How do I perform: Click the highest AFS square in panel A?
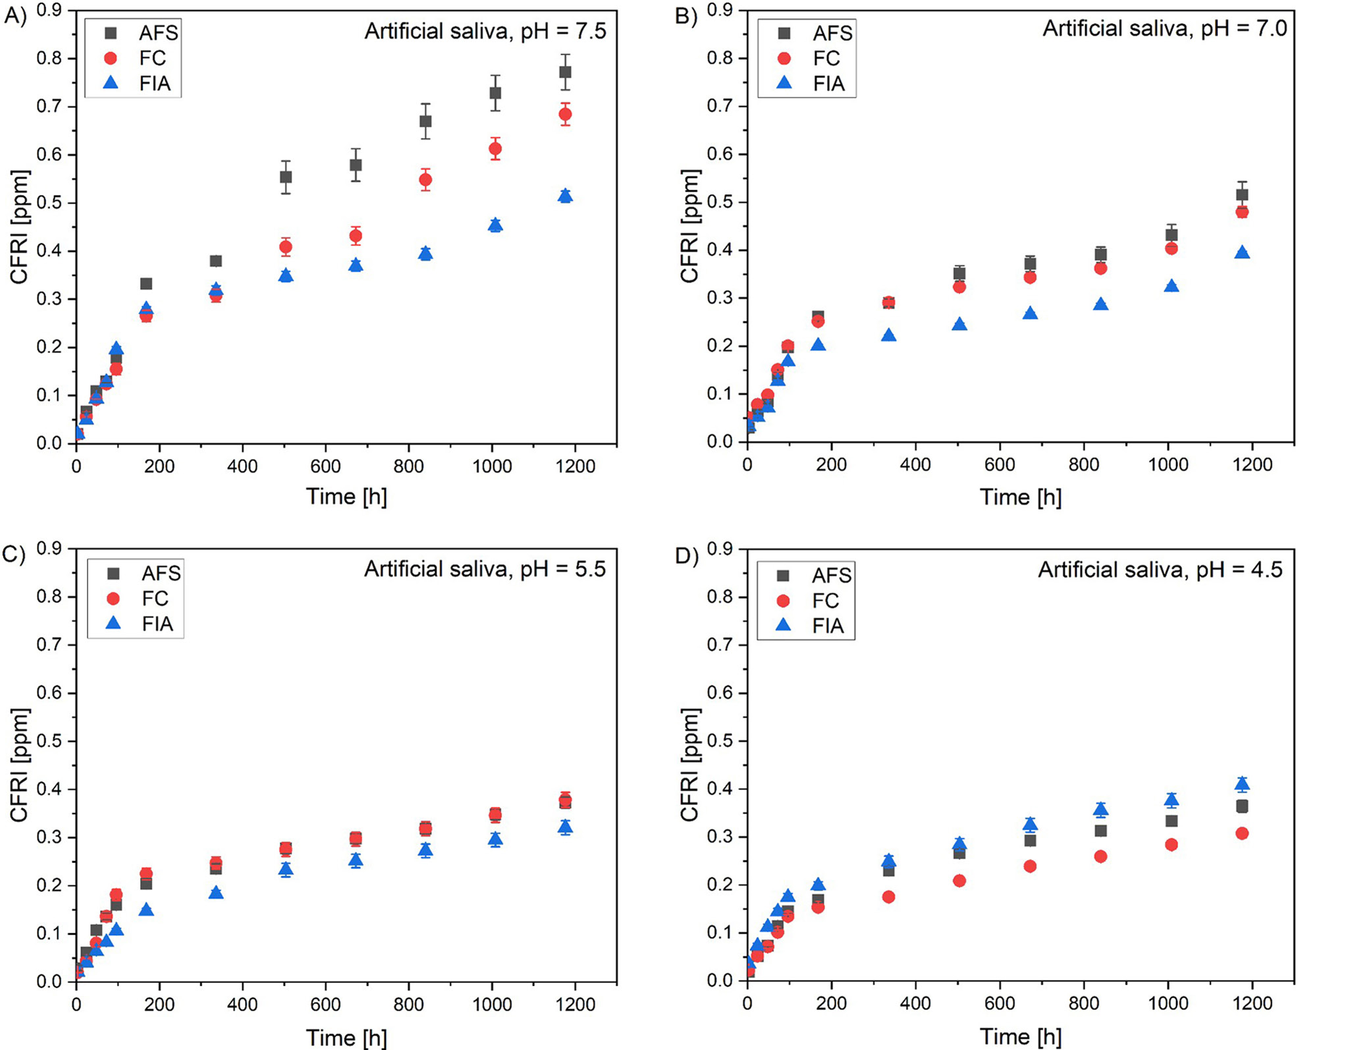[564, 72]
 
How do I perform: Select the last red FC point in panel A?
[564, 115]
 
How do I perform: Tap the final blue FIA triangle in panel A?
[564, 196]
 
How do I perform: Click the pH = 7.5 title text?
[485, 31]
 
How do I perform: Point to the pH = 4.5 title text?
[1160, 569]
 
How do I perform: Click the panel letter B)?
[686, 16]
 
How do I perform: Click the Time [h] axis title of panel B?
[1020, 497]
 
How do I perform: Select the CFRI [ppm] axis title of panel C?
[20, 765]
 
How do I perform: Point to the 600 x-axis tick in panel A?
[325, 466]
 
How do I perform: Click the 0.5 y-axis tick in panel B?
[720, 202]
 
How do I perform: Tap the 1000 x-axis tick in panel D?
[1168, 1003]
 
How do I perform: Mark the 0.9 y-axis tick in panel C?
[49, 549]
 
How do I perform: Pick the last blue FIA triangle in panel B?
[1242, 252]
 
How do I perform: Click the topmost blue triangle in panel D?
[1242, 783]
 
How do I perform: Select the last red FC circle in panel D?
[1242, 833]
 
